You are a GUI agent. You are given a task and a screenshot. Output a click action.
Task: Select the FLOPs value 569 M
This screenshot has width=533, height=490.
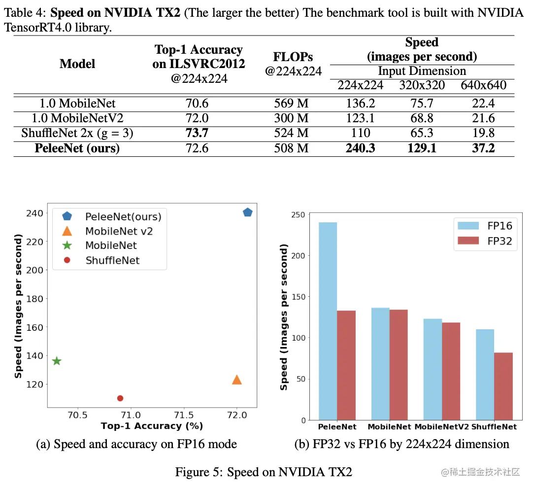tap(291, 104)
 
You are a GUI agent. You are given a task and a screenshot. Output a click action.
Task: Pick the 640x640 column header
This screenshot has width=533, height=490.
tap(483, 85)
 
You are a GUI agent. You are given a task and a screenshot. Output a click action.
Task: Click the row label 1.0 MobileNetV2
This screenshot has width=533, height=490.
tap(77, 118)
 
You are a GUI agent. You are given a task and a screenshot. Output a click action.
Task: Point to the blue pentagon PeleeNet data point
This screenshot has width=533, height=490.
tap(247, 212)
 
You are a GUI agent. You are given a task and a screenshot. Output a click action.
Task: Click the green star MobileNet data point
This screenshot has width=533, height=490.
tap(57, 361)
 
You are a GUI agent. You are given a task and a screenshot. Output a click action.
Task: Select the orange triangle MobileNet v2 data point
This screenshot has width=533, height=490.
tap(236, 380)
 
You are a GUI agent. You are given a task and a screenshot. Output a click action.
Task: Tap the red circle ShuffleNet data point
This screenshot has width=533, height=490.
tap(120, 398)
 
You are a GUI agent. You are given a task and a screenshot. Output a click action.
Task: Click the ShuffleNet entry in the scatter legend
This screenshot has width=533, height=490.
tap(112, 260)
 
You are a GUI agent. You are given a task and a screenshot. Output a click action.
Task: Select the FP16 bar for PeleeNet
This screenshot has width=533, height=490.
tap(328, 320)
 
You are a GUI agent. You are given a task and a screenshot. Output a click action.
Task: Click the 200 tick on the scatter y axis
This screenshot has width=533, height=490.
tap(36, 270)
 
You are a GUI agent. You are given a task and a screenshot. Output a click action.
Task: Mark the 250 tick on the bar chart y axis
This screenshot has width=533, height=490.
tap(300, 214)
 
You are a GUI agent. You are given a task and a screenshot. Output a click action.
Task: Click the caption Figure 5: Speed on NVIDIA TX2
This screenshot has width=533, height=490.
tap(264, 472)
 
